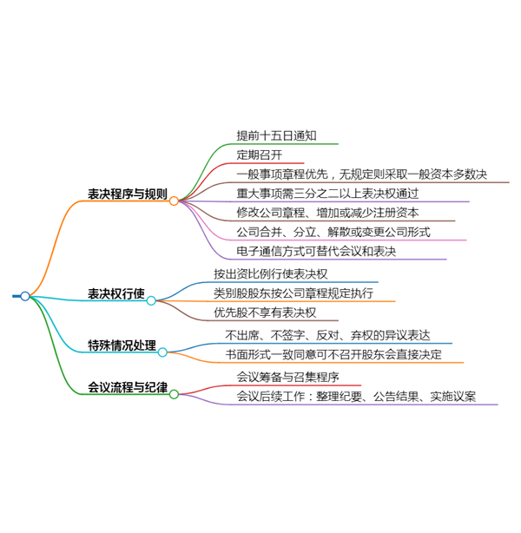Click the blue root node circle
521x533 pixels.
click(25, 296)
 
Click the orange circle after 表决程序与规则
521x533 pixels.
click(174, 201)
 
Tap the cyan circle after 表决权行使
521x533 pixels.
click(151, 300)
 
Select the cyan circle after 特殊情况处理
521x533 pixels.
click(162, 352)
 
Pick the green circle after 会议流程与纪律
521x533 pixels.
click(174, 394)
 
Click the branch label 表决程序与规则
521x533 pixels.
click(128, 194)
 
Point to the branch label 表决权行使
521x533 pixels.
click(116, 293)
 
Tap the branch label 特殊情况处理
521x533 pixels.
click(122, 345)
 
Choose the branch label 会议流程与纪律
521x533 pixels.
click(128, 387)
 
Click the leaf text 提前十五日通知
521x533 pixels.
click(276, 135)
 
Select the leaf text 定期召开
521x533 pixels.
click(260, 155)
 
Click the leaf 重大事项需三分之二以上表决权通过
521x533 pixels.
click(327, 194)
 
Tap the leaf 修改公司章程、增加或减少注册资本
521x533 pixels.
click(327, 213)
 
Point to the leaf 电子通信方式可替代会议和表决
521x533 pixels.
click(316, 251)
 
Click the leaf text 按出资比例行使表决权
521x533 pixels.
click(271, 274)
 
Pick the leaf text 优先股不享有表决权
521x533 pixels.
click(265, 313)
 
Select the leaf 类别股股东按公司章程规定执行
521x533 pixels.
click(293, 293)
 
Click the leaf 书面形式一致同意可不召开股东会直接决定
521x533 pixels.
click(333, 354)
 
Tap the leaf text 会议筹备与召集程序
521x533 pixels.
click(287, 378)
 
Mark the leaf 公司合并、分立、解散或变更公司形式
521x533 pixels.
click(333, 232)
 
